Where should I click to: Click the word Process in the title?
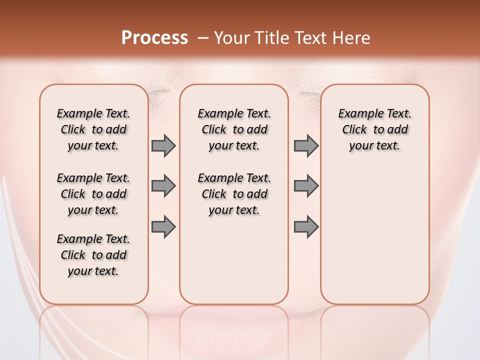pos(154,38)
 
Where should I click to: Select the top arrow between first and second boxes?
pos(163,145)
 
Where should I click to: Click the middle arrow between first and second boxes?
pos(163,186)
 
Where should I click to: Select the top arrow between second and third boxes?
pos(306,145)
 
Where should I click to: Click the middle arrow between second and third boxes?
pos(306,186)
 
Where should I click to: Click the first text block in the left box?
pos(93,129)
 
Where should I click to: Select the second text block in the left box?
pos(93,194)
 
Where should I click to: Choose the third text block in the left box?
pos(93,255)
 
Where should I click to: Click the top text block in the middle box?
pos(234,129)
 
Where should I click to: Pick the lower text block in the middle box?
pos(234,194)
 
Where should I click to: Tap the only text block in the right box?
pos(374,129)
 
